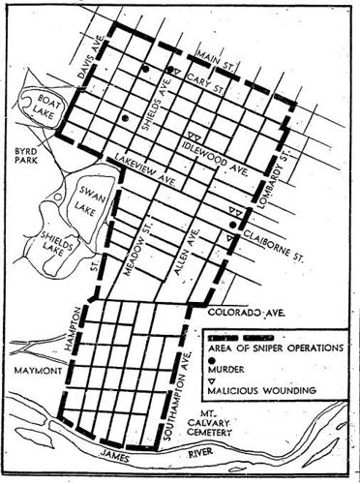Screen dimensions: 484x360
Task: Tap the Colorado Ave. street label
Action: point(255,312)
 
